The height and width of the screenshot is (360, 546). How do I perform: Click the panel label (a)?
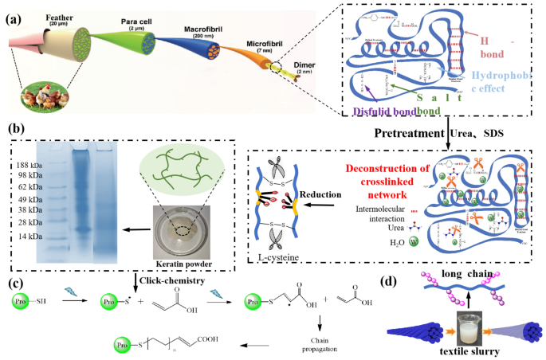click(14, 17)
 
